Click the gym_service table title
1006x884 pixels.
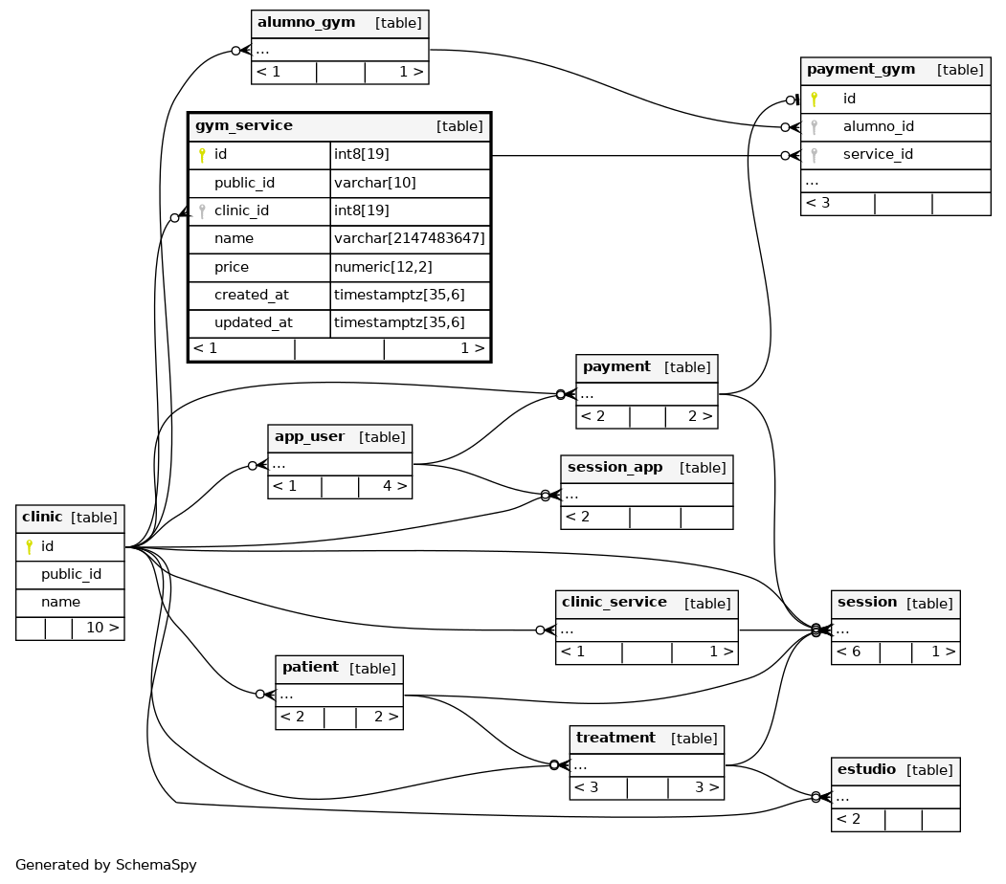click(244, 125)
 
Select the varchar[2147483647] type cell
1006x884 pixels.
click(410, 238)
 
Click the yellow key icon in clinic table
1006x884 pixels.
click(29, 547)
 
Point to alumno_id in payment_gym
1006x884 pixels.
click(879, 127)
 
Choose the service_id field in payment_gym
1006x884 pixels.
click(878, 154)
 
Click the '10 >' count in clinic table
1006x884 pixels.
click(102, 628)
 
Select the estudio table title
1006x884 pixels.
click(866, 769)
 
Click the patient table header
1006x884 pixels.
click(310, 668)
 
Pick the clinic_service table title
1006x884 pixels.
click(614, 602)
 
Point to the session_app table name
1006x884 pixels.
click(615, 467)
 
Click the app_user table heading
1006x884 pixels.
click(309, 437)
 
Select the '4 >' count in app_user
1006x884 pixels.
click(394, 486)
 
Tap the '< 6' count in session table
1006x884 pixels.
click(848, 652)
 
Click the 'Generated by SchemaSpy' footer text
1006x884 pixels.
click(106, 865)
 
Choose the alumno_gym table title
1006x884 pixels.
click(306, 22)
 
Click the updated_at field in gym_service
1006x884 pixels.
click(254, 322)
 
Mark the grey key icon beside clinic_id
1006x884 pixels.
click(202, 210)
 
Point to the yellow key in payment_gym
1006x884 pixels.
click(815, 99)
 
